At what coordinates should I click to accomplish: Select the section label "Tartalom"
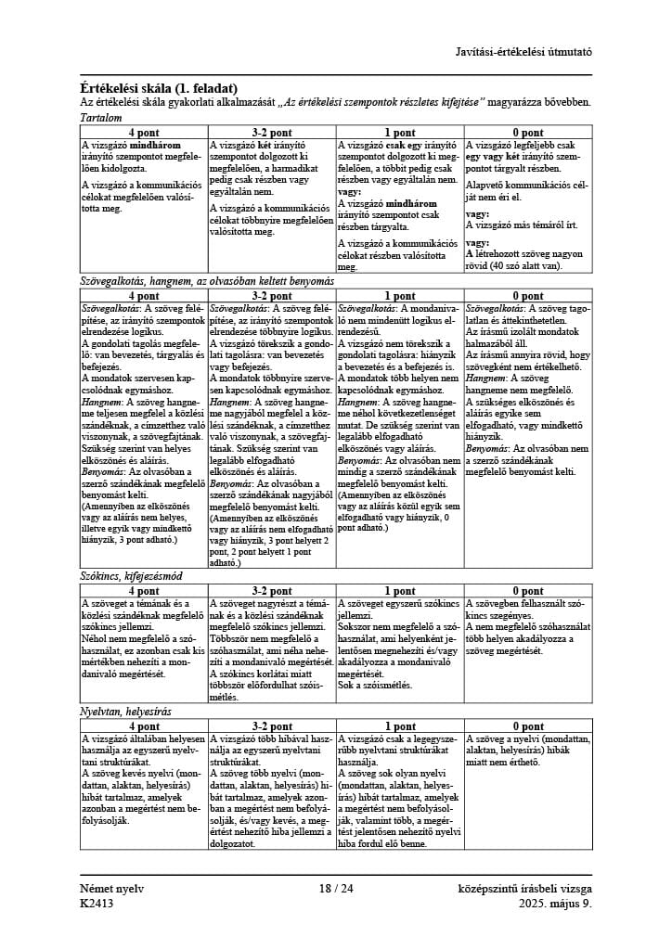click(102, 120)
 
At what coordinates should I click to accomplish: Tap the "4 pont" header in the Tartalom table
click(144, 133)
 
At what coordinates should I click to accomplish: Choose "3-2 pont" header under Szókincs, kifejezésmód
click(272, 591)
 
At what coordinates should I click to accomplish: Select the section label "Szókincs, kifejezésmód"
click(131, 577)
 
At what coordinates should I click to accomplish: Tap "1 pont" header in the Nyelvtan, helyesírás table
click(400, 725)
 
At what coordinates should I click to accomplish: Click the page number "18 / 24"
click(336, 888)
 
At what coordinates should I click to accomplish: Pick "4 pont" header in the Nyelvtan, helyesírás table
click(144, 725)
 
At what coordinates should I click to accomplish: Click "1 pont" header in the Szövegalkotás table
click(400, 295)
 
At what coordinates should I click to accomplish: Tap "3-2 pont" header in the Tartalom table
click(272, 133)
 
